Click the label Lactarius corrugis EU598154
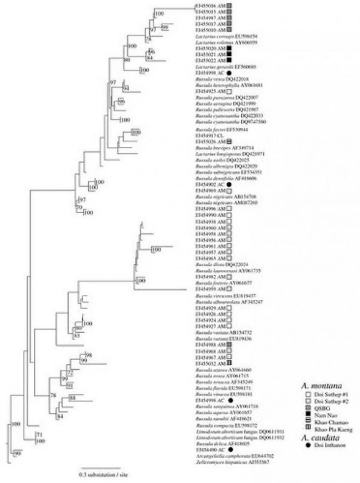218,36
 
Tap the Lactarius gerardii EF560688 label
219,67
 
